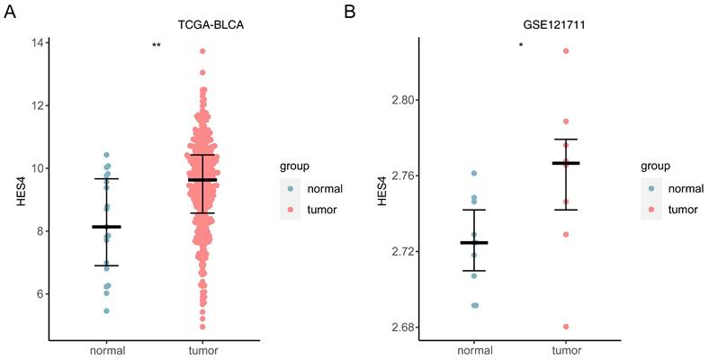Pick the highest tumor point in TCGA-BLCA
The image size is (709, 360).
(x=202, y=51)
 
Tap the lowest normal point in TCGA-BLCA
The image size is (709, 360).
(x=106, y=311)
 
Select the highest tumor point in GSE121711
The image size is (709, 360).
(x=566, y=50)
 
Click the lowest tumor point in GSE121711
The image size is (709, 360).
(x=566, y=327)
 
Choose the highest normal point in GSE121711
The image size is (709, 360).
(x=474, y=173)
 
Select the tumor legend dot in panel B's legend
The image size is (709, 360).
(x=653, y=209)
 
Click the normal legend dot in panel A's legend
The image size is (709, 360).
(x=292, y=190)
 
